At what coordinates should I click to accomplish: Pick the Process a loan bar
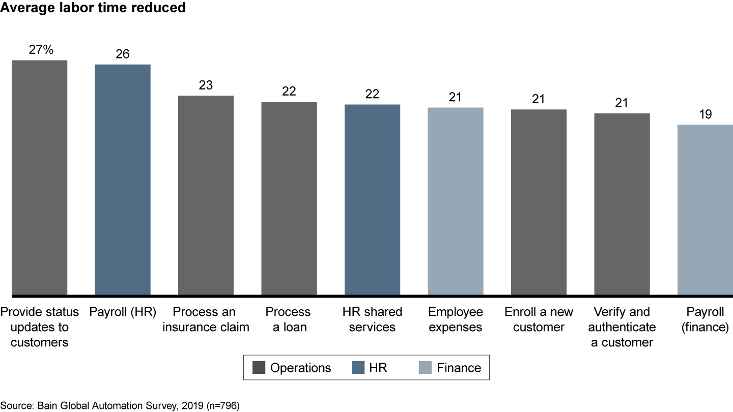tap(289, 198)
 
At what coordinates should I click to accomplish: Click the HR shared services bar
tap(372, 199)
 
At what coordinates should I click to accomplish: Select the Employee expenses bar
tap(455, 201)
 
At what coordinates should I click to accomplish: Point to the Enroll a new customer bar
tap(539, 202)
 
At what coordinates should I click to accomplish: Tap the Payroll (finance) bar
tap(705, 210)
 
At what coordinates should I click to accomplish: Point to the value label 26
tap(123, 54)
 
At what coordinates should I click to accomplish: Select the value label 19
tap(705, 114)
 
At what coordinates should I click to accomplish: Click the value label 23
tap(206, 85)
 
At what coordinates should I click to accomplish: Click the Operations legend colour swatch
tap(259, 368)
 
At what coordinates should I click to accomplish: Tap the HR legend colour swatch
tap(359, 368)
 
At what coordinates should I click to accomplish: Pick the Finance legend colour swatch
tap(424, 368)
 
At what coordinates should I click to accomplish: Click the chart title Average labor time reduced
tap(93, 8)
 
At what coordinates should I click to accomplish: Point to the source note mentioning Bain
tap(120, 405)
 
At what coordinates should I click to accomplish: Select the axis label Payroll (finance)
tap(705, 319)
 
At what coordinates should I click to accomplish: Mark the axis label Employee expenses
tap(455, 319)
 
